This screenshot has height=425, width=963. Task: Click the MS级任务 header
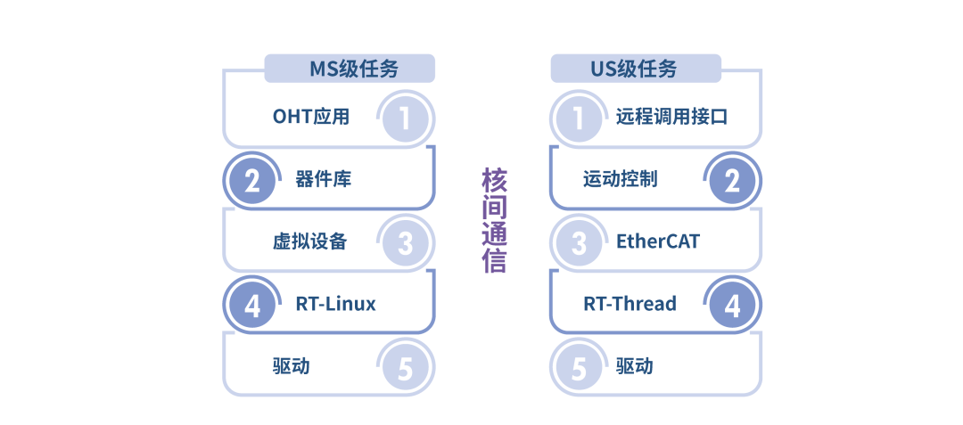350,69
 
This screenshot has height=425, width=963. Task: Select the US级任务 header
634,69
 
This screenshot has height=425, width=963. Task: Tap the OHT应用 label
310,117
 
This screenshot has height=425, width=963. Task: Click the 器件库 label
323,179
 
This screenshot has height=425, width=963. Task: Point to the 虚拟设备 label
310,241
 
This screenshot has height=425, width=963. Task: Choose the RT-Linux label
335,304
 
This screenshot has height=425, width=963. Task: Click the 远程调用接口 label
671,117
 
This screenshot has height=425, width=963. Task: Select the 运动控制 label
620,179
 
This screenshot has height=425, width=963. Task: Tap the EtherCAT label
658,241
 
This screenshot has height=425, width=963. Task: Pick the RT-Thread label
630,304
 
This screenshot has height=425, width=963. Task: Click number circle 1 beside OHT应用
406,119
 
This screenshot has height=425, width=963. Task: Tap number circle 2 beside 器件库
252,181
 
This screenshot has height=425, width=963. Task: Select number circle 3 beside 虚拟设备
406,243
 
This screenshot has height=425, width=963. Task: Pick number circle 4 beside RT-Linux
252,306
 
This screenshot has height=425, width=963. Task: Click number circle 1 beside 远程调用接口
579,119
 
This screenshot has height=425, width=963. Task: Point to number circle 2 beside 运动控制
732,181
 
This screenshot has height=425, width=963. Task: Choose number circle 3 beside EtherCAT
579,243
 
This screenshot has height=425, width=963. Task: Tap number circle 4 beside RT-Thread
732,306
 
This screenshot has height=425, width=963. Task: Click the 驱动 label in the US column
634,366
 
